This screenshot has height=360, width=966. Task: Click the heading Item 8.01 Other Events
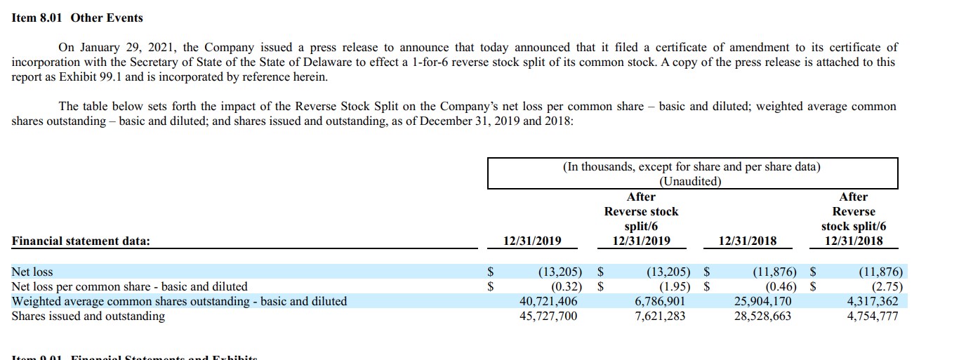pyautogui.click(x=77, y=18)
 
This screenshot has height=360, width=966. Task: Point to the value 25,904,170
pyautogui.click(x=762, y=301)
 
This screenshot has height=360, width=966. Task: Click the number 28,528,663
pyautogui.click(x=762, y=316)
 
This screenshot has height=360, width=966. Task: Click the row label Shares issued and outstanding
pyautogui.click(x=88, y=316)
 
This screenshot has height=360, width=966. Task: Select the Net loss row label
pyautogui.click(x=32, y=272)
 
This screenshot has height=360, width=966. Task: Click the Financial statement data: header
pyautogui.click(x=81, y=241)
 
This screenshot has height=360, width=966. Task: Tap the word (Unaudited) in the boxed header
pyautogui.click(x=692, y=181)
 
